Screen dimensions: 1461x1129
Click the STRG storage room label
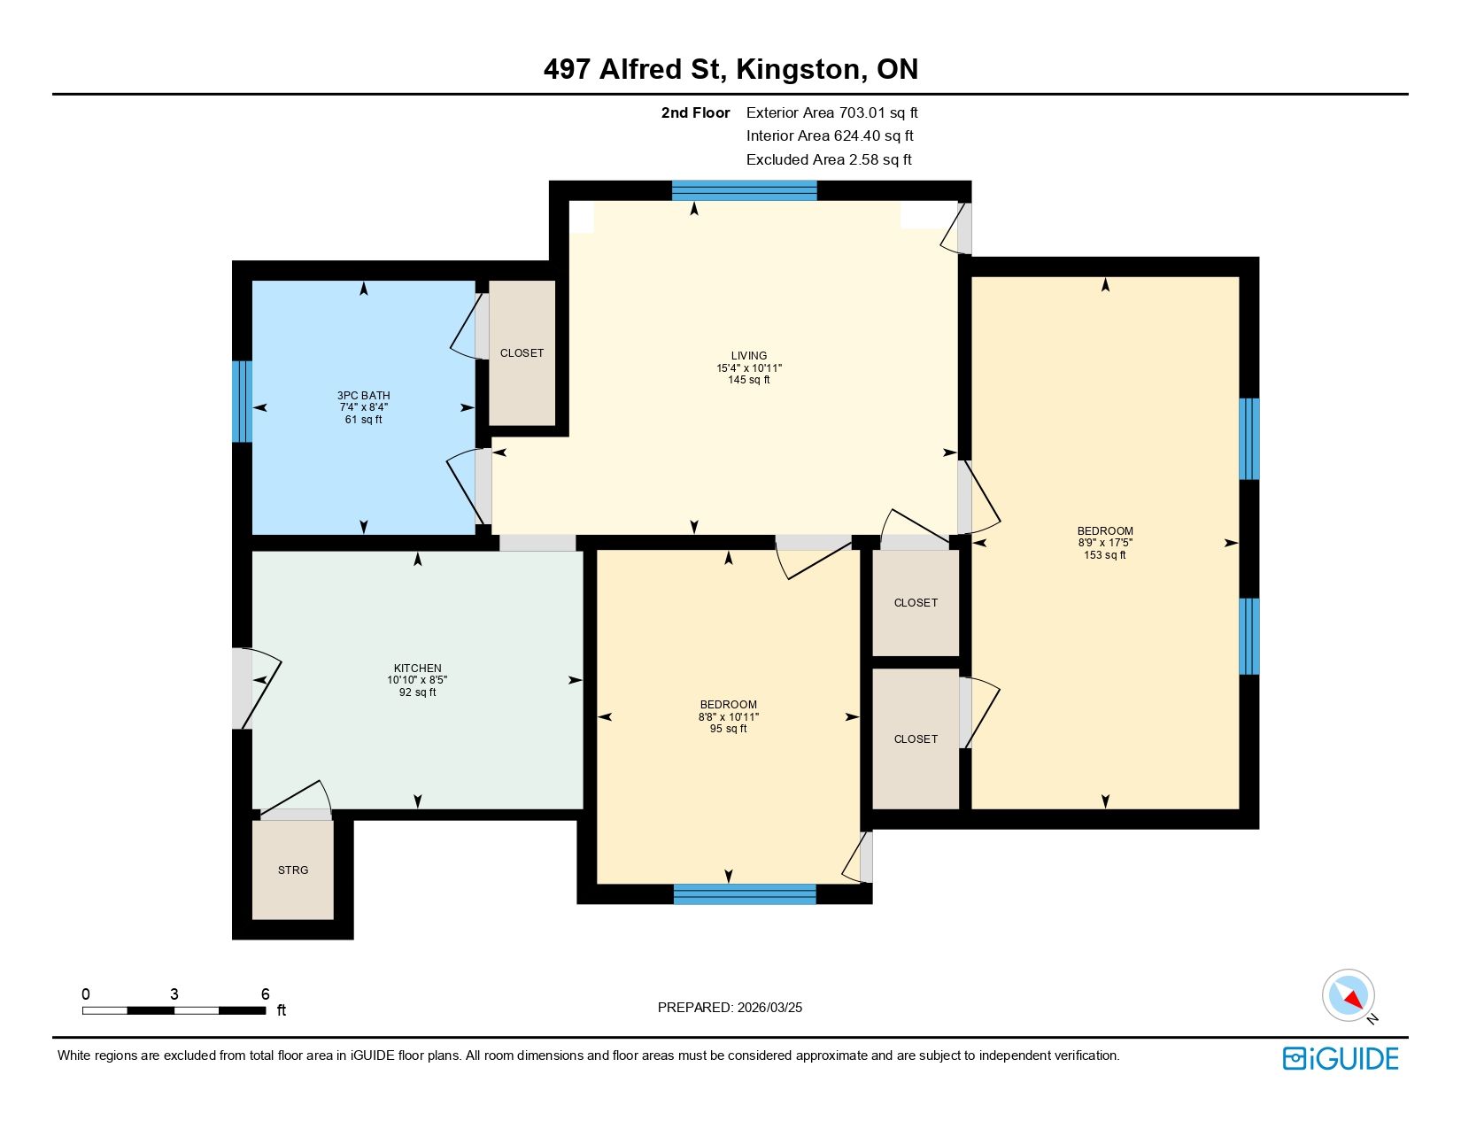pos(293,870)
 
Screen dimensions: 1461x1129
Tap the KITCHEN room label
pos(418,668)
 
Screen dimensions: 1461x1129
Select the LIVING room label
pos(749,356)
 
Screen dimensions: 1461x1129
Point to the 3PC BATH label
pos(364,396)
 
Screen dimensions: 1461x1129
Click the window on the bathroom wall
pos(242,402)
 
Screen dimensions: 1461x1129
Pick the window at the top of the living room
pos(745,191)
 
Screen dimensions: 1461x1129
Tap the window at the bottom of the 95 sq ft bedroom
pos(745,894)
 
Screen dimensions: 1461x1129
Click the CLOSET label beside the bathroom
pos(522,353)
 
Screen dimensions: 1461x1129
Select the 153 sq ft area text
pos(1105,555)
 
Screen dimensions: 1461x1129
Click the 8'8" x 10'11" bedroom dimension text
pos(728,716)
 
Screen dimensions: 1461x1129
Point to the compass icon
pos(1349,996)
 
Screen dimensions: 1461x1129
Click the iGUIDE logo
pos(1341,1058)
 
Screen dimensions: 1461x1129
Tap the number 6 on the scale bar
pos(266,994)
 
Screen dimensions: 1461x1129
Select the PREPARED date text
pos(730,1008)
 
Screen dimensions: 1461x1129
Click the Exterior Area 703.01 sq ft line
pos(831,113)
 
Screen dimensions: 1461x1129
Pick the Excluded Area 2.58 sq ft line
pos(829,160)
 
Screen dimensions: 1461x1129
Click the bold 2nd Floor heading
pos(695,113)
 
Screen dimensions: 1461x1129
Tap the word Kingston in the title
pos(798,69)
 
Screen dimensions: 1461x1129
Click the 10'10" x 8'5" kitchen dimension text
pos(418,680)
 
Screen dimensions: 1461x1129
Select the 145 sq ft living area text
pos(749,380)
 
